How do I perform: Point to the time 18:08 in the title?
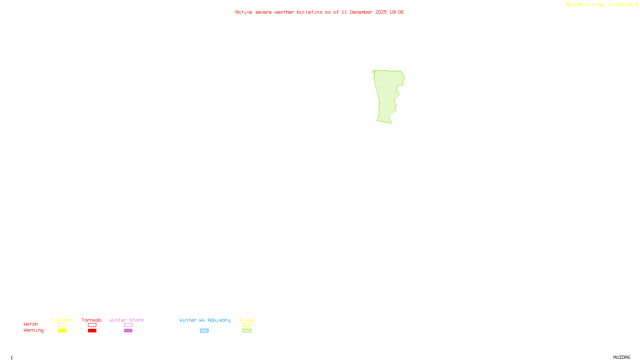396,12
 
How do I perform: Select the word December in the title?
361,12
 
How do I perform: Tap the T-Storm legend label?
62,320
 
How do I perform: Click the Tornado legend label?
92,320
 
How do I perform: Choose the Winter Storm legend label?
126,320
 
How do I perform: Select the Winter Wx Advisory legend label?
205,320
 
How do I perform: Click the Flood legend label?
247,320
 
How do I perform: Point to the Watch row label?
31,324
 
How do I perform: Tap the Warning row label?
33,330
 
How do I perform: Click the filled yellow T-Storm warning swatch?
62,331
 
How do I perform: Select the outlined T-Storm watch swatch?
62,325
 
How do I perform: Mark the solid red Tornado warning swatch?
92,331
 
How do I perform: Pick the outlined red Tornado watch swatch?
92,325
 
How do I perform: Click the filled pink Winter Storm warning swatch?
128,331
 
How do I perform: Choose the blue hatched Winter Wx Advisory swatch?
204,331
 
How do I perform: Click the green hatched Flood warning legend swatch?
247,331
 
